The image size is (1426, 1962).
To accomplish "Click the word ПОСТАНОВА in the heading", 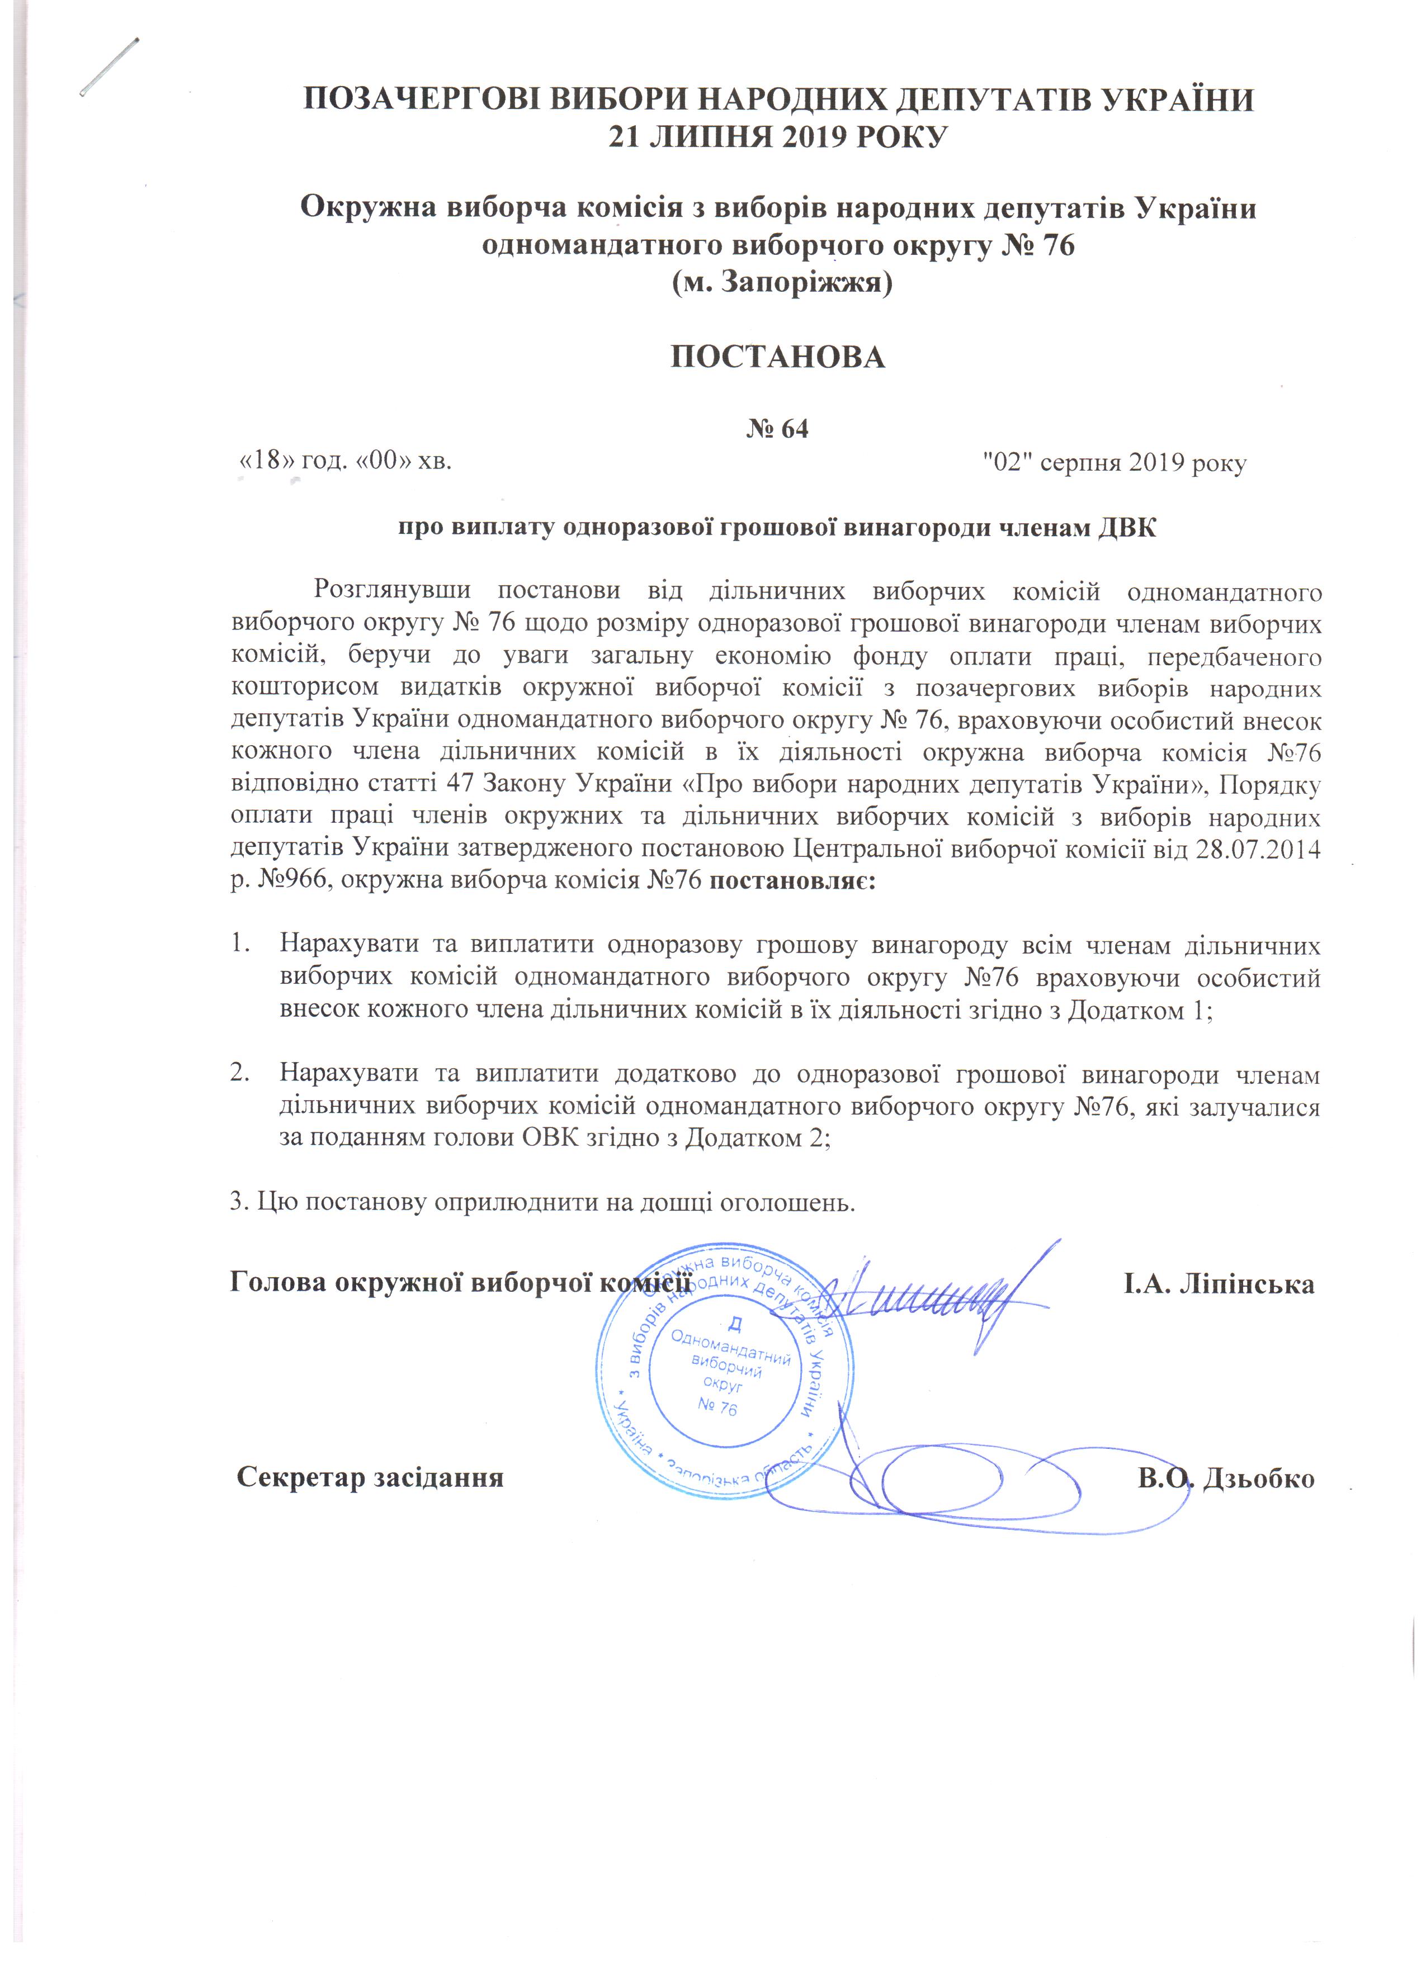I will point(778,357).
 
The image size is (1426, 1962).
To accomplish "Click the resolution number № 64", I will point(777,429).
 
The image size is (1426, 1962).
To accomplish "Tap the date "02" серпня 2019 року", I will point(1116,464).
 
